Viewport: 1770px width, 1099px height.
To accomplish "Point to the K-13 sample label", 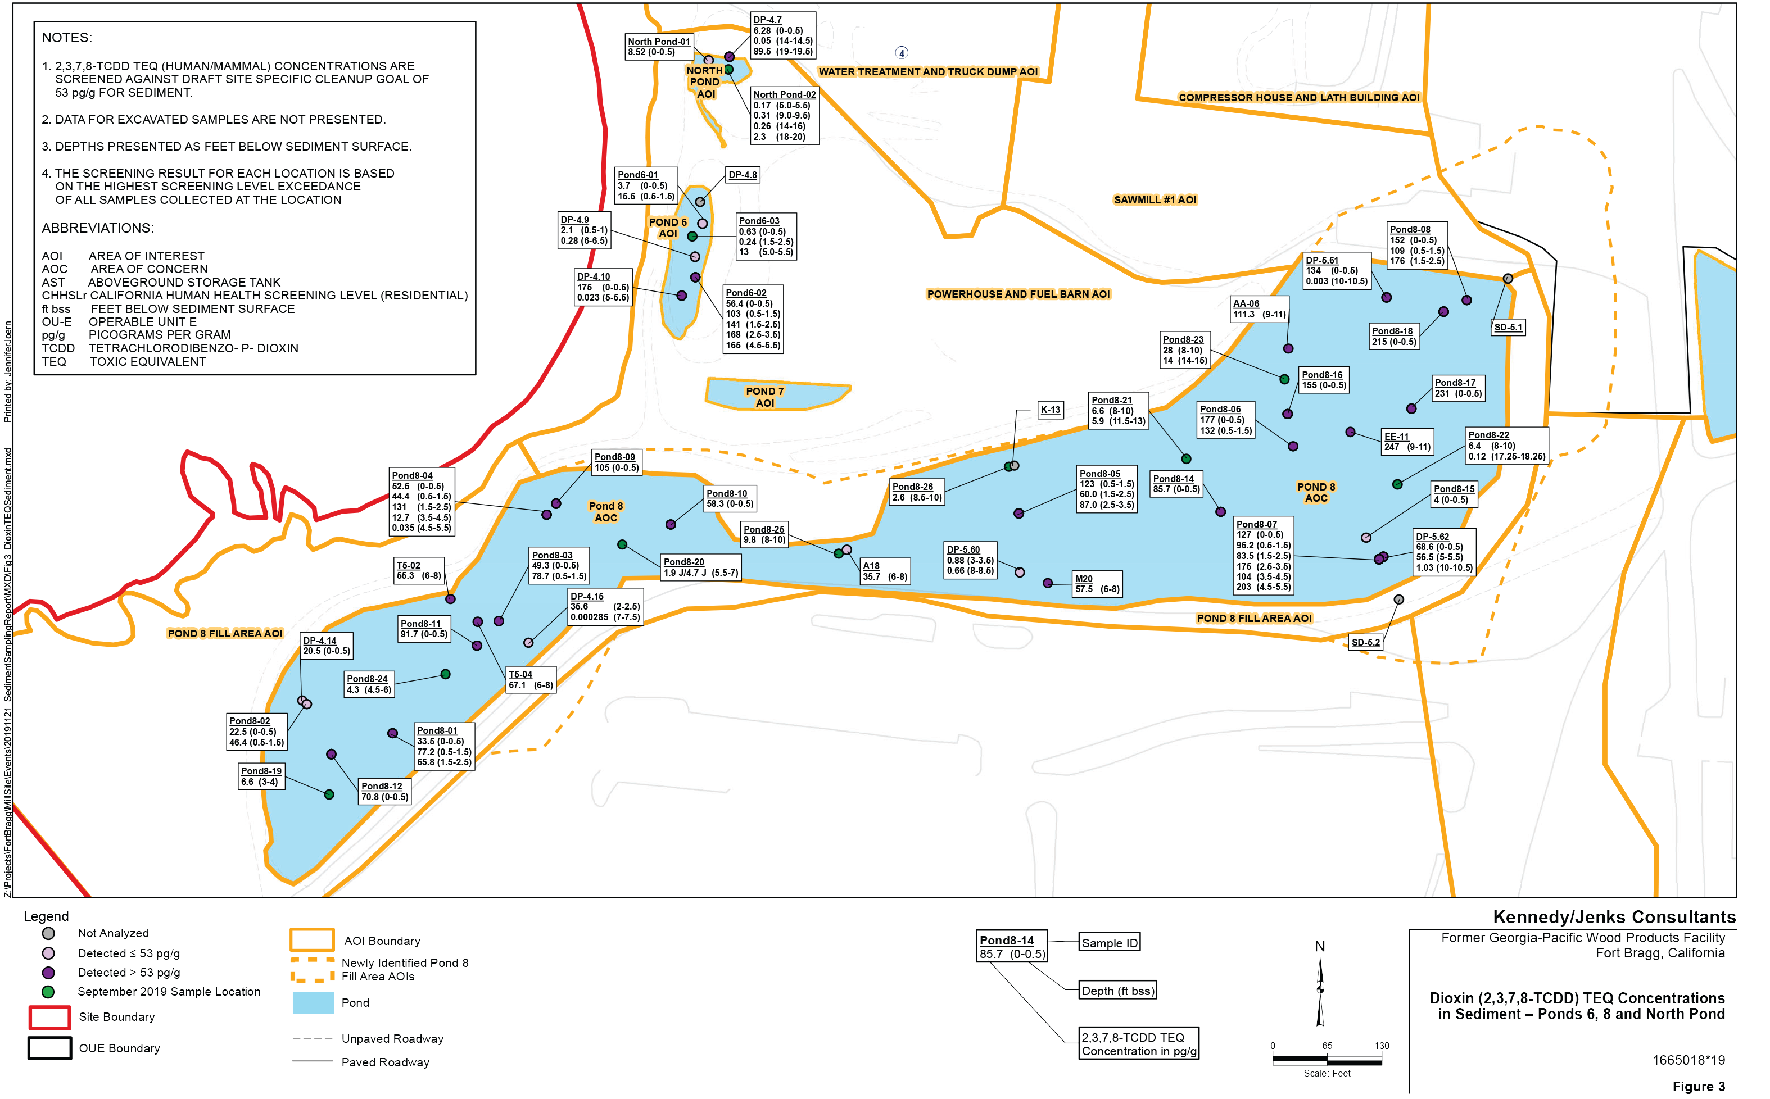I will tap(1049, 410).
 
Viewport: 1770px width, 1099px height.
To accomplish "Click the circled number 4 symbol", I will tap(902, 53).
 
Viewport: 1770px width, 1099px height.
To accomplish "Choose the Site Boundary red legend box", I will tap(49, 1017).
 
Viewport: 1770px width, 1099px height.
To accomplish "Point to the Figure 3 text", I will tap(1698, 1087).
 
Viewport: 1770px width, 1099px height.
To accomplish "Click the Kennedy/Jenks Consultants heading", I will tap(1614, 918).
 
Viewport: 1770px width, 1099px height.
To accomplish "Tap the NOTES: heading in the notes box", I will tap(67, 38).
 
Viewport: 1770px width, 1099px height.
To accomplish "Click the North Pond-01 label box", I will tap(659, 47).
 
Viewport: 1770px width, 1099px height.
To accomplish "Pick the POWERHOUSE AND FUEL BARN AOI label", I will tap(1018, 294).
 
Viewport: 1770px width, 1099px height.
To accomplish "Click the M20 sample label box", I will tap(1096, 584).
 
